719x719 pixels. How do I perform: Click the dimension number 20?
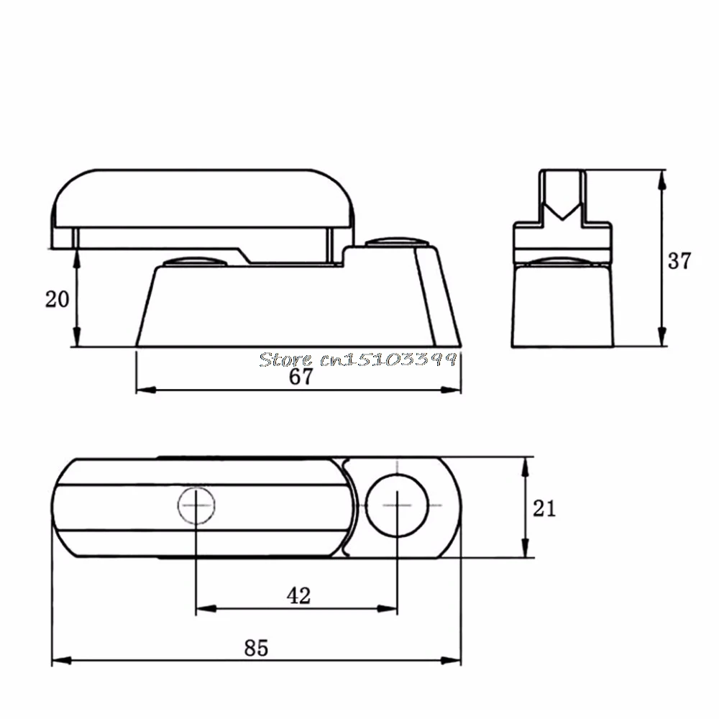point(57,299)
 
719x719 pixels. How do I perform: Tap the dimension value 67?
point(301,377)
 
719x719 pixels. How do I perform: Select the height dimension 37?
point(679,261)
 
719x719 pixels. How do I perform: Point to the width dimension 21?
point(544,508)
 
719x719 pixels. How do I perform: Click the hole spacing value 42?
point(299,595)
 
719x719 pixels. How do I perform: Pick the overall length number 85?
point(256,648)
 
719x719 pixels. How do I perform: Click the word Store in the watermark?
point(285,359)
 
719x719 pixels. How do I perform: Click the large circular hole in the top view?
point(397,505)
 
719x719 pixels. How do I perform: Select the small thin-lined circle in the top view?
point(196,505)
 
